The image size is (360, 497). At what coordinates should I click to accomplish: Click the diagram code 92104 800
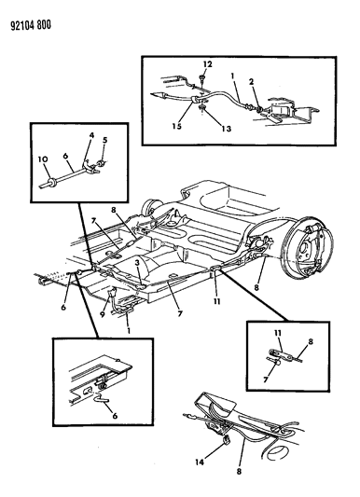click(x=31, y=25)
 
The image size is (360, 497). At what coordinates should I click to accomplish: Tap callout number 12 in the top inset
click(x=207, y=64)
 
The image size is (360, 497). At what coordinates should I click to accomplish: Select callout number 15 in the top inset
click(x=177, y=126)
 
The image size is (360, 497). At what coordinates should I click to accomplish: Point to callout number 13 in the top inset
click(x=227, y=129)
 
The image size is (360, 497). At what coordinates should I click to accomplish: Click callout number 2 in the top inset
click(x=251, y=82)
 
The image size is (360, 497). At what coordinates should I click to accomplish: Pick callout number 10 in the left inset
click(x=43, y=159)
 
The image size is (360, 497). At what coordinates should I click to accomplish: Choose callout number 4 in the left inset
click(x=91, y=135)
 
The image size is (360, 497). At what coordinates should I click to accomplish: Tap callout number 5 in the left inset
click(x=104, y=140)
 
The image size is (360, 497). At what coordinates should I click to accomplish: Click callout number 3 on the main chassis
click(x=137, y=262)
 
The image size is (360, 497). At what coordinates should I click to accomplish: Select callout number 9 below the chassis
click(x=103, y=314)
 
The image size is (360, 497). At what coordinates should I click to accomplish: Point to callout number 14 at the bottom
click(x=200, y=462)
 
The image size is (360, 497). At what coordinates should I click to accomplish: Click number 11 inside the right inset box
click(x=278, y=333)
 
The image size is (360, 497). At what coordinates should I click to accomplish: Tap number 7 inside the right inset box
click(x=266, y=380)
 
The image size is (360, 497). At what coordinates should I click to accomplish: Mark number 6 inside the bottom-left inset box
click(x=115, y=415)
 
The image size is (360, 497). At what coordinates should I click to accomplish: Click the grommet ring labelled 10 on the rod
click(x=51, y=182)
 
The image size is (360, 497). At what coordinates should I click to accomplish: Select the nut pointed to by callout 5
click(x=102, y=164)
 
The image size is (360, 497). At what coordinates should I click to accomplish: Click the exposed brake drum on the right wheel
click(x=309, y=245)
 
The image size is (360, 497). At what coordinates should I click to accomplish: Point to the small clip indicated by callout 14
click(x=227, y=440)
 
